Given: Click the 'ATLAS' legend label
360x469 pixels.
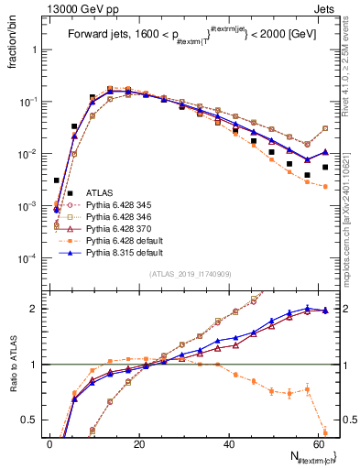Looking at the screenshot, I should tap(99, 192).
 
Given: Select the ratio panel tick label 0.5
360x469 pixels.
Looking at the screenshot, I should tap(32, 420).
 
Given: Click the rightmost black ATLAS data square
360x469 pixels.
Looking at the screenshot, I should tap(325, 167).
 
